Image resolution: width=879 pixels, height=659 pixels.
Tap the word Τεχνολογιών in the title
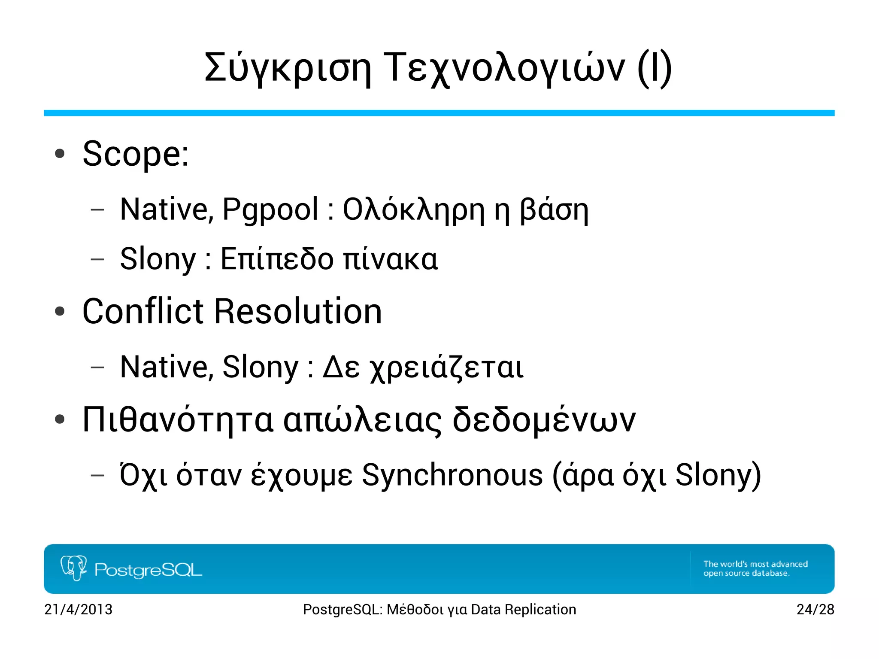504,69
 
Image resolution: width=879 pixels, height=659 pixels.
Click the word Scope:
136,155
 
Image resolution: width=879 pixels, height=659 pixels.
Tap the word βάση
554,210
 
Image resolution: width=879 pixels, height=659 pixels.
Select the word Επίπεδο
277,260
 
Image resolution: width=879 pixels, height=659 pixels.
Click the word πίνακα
391,260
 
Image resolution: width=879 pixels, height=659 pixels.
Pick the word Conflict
143,311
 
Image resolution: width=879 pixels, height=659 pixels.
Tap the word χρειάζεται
446,368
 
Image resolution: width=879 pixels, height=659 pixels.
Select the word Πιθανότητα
178,420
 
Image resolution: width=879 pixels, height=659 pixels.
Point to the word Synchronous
452,476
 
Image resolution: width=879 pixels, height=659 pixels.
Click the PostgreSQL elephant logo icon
73,568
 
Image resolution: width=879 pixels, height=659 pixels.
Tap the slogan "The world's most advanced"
755,564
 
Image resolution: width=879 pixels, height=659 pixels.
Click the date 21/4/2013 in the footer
79,610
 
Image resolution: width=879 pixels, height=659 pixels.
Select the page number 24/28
815,610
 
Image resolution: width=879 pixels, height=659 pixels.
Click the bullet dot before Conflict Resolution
60,312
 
